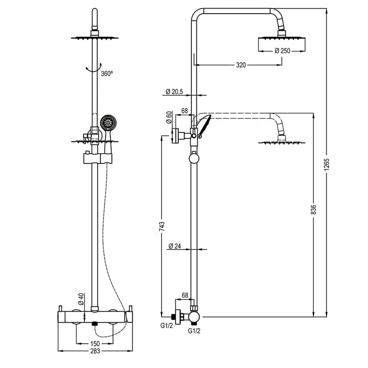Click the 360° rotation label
[107, 74]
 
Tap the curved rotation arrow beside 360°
[93, 67]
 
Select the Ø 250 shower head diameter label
[282, 50]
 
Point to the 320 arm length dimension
[241, 66]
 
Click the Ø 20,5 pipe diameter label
[174, 91]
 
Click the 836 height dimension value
[313, 209]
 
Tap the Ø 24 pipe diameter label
[175, 246]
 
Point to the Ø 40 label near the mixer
[81, 299]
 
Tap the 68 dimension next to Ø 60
[185, 111]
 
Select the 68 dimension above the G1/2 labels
[185, 296]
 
